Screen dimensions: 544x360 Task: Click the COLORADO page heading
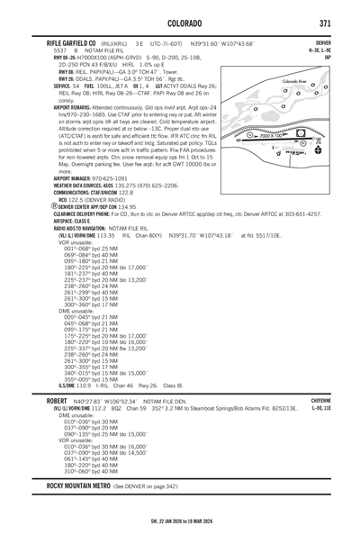(x=180, y=23)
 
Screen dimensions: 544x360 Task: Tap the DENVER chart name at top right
(x=323, y=42)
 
